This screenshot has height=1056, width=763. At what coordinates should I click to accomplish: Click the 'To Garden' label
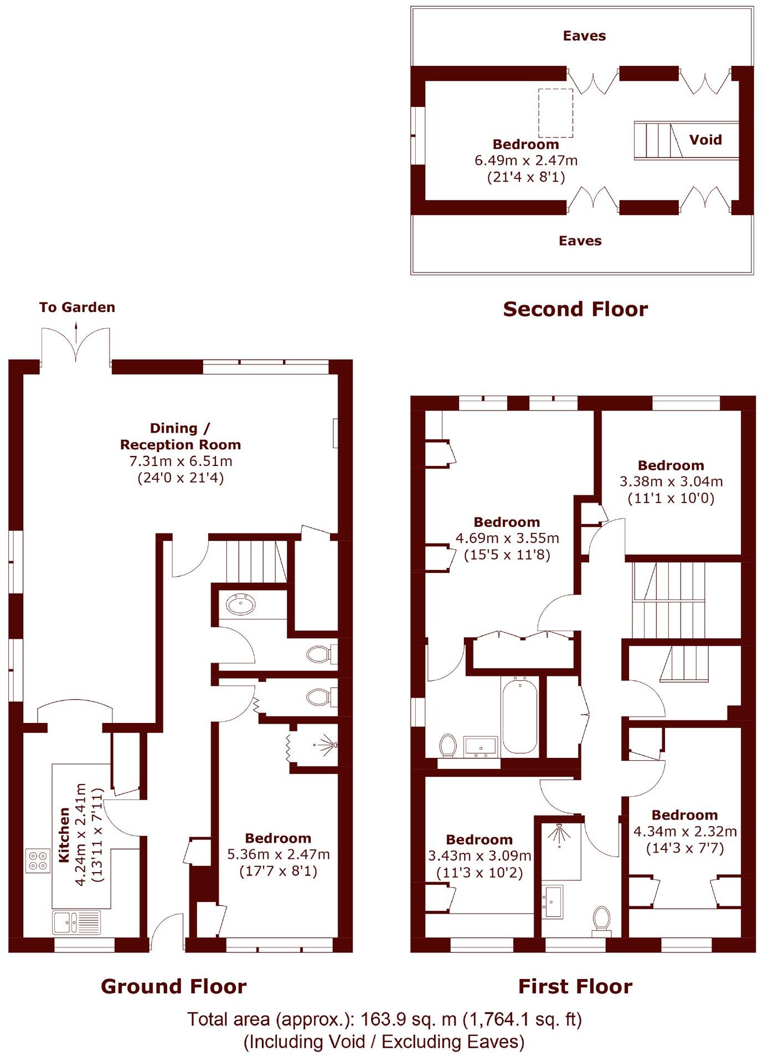77,307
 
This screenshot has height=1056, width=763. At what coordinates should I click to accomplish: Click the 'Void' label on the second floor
705,140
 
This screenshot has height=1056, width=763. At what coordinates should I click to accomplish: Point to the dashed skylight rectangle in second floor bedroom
555,113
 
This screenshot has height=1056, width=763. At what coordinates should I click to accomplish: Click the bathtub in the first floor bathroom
519,715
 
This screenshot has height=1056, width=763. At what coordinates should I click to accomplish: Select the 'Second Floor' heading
575,309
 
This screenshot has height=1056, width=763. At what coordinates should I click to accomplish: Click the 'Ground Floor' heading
173,986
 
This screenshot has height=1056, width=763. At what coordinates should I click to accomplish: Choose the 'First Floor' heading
575,986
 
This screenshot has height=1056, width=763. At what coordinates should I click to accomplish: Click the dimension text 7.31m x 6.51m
181,461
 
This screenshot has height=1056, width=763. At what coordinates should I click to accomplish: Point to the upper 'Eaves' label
584,36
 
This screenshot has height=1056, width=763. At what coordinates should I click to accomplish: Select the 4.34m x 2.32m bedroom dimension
685,832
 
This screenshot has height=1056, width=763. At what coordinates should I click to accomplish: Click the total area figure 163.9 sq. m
409,1019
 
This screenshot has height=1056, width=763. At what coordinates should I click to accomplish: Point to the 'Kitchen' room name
64,835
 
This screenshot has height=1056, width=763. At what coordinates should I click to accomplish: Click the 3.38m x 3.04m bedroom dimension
671,481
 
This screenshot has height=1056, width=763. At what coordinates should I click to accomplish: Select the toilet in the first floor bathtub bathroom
447,745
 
